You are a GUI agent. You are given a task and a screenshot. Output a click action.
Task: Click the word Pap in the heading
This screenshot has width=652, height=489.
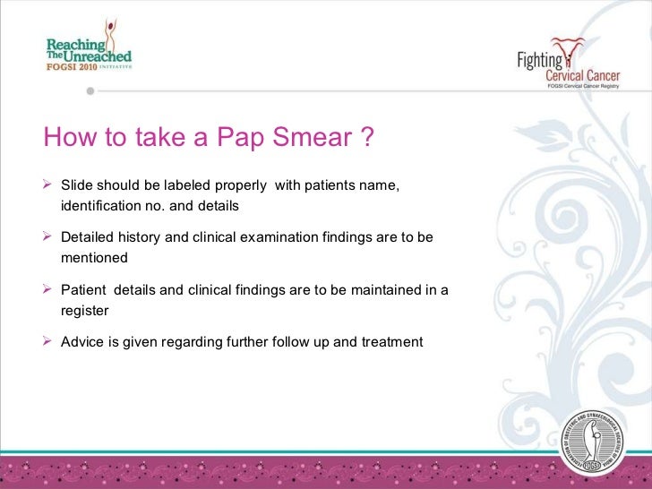pyautogui.click(x=240, y=138)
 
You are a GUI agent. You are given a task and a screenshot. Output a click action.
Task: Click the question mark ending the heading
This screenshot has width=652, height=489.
pyautogui.click(x=365, y=138)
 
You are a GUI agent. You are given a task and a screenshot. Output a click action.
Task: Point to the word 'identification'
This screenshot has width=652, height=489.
pyautogui.click(x=101, y=206)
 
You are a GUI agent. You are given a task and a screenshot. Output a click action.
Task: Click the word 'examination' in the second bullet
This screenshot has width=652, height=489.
pyautogui.click(x=279, y=237)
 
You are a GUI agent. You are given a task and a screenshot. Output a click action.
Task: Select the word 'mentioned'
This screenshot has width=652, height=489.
pyautogui.click(x=94, y=258)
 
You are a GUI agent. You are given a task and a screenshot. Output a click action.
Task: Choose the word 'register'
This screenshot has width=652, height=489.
pyautogui.click(x=84, y=311)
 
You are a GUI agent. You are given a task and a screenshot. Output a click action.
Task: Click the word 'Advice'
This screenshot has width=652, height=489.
pyautogui.click(x=81, y=342)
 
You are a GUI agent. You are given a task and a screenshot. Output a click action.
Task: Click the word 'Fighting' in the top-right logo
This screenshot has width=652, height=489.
pyautogui.click(x=540, y=60)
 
